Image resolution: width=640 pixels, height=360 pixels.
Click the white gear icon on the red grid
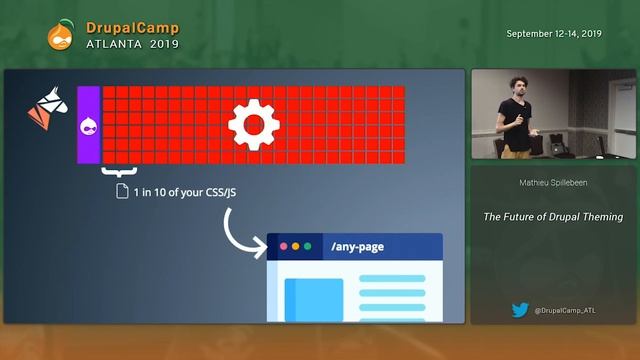253,125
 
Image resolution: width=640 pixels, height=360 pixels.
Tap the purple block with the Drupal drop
88,125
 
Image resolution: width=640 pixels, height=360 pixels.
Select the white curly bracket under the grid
120,172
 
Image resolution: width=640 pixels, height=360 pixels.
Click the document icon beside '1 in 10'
123,191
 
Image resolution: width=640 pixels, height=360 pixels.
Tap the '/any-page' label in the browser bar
357,246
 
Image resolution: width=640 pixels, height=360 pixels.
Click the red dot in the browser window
284,246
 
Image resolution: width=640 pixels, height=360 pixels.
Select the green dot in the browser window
308,246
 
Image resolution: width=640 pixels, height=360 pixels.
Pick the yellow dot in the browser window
296,246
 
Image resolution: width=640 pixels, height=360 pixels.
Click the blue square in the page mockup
314,299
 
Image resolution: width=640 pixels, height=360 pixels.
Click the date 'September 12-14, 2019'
553,33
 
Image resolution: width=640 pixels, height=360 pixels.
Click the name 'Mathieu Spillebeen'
553,184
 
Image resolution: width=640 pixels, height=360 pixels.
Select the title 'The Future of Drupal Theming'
553,216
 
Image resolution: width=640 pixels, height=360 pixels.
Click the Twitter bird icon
520,310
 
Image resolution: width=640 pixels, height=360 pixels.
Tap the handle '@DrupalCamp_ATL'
566,311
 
